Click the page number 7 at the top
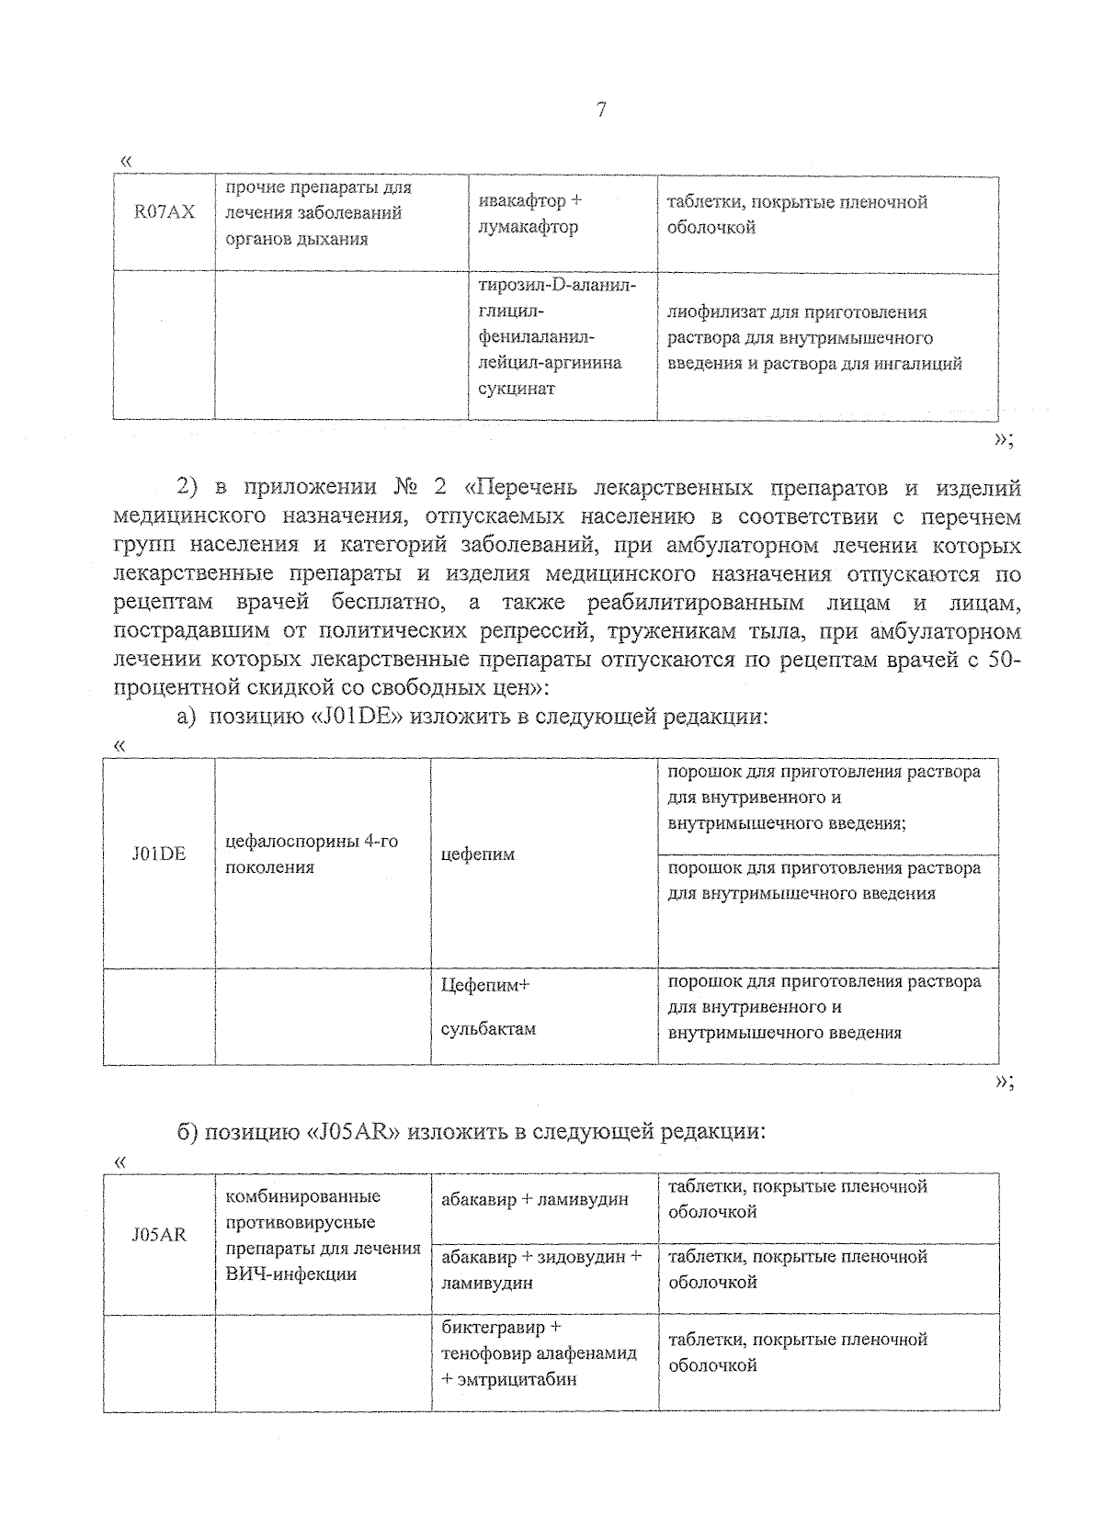601,110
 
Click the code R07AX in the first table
165,212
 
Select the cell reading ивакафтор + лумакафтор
529,214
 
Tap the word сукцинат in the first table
517,389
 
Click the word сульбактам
488,1029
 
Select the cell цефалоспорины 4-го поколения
312,855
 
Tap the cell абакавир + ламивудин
535,1199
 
